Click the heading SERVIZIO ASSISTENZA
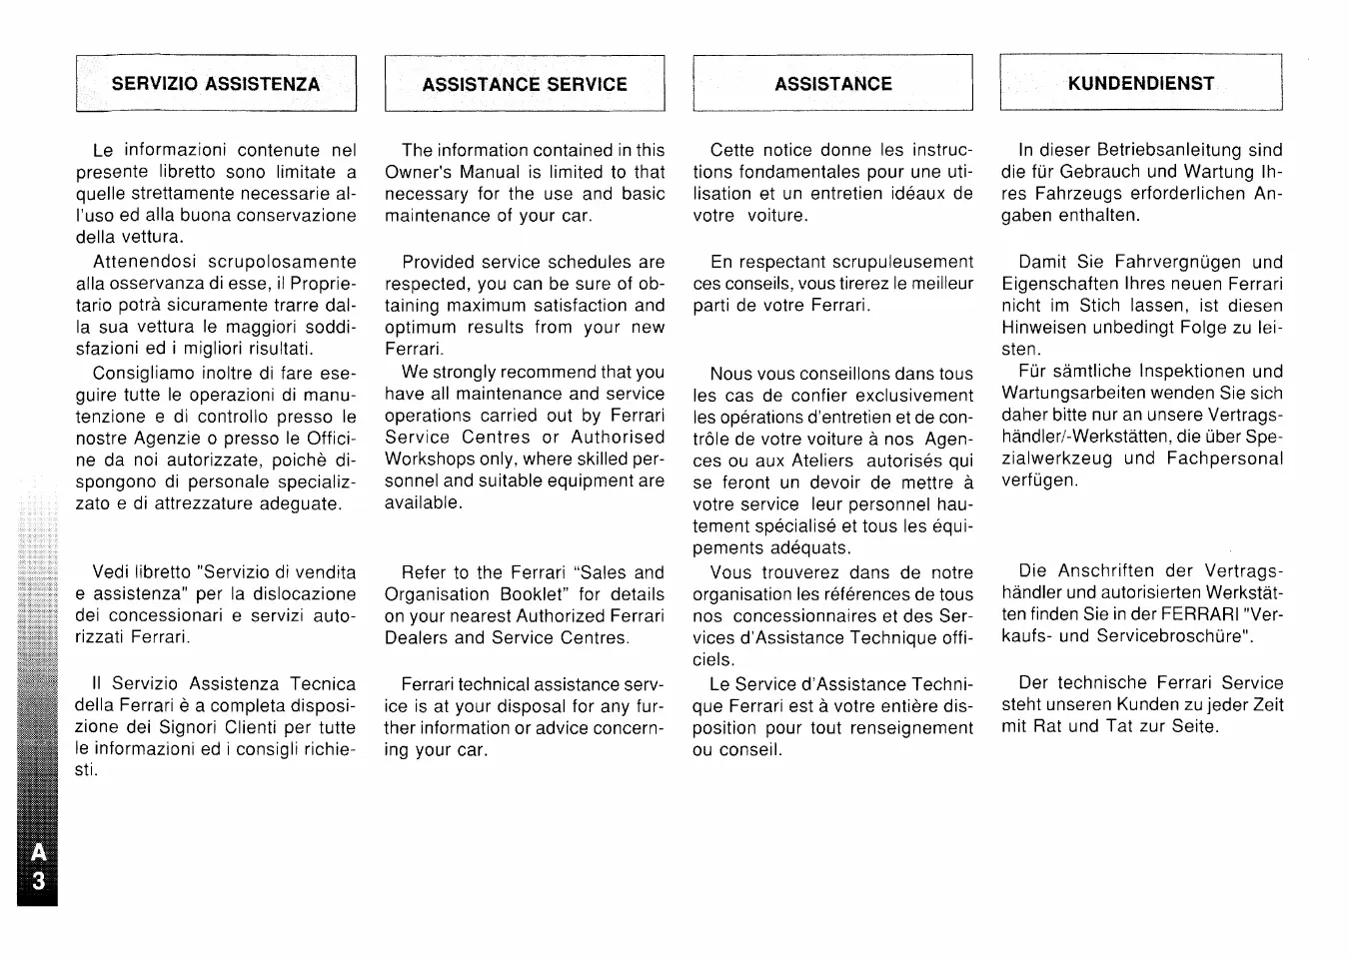[216, 84]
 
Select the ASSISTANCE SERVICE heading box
[525, 84]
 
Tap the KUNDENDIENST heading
[1141, 83]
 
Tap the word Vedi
[112, 572]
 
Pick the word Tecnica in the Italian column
[323, 684]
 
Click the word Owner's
[419, 172]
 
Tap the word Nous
[731, 374]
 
